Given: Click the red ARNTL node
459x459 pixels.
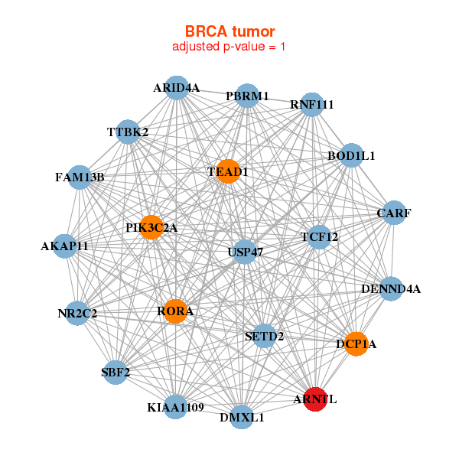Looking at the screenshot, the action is (315, 399).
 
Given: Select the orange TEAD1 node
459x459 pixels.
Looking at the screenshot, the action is (228, 171).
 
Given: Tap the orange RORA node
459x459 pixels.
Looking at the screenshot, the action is (175, 311).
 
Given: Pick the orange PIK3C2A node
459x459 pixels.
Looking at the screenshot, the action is (151, 227).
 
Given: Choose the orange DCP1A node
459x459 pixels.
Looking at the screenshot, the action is (356, 344).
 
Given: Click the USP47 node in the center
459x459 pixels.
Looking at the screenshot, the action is (245, 252).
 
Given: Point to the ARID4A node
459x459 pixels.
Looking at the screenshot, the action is (177, 87).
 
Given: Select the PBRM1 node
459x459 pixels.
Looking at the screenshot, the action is (247, 96).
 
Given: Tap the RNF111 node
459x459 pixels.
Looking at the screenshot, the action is (312, 105).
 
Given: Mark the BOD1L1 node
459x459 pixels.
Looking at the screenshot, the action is (351, 155).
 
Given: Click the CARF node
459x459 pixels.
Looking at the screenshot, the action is (394, 213).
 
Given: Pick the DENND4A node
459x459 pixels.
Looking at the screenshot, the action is (391, 288).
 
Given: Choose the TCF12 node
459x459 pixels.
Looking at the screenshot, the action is (319, 237).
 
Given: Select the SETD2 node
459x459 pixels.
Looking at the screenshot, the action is (265, 336).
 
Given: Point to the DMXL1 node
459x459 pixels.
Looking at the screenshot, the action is (242, 417).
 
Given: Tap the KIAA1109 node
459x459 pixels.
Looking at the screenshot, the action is (175, 407).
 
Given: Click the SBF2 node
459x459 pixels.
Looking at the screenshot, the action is (116, 372).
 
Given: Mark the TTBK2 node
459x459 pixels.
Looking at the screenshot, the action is (128, 132).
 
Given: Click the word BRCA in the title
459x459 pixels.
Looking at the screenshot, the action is (206, 31).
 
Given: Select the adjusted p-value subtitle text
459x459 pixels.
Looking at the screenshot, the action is (229, 47).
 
